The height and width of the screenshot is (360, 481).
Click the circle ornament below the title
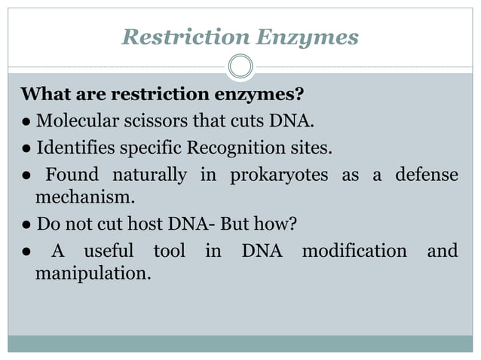pos(240,67)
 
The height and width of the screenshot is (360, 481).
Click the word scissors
pos(162,121)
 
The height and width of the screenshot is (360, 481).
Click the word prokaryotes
pos(279,175)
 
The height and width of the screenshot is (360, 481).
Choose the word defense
pos(427,175)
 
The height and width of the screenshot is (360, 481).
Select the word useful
pos(108,250)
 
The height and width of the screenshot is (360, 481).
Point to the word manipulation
pos(93,273)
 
